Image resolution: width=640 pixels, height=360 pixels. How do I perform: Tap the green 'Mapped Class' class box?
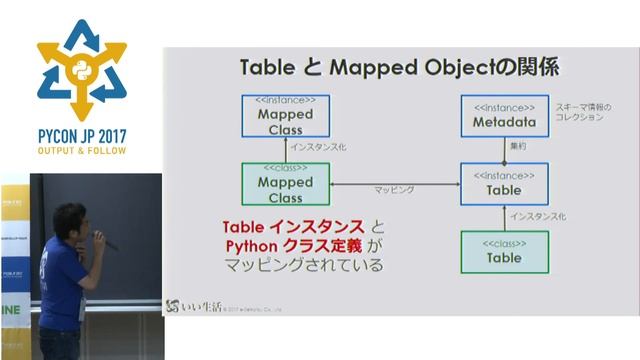285,183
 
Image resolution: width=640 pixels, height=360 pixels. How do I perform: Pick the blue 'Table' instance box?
504,183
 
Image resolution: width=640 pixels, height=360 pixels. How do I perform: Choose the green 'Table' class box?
504,252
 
